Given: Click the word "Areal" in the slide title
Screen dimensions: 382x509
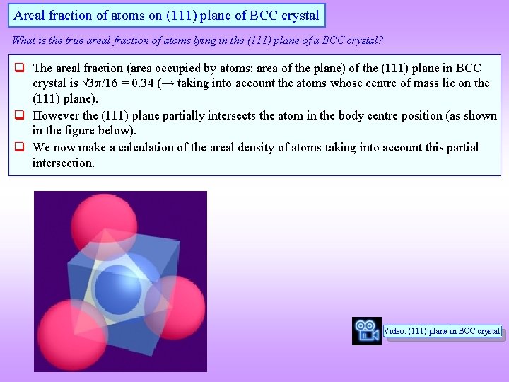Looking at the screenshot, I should click(x=30, y=15).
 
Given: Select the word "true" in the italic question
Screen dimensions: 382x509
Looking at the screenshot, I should click(x=76, y=40).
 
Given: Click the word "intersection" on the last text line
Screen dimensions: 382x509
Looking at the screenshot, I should click(x=62, y=163).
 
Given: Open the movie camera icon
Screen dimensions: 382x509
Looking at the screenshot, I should click(x=366, y=331).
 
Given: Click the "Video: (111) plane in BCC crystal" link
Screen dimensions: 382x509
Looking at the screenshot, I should click(x=442, y=331).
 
